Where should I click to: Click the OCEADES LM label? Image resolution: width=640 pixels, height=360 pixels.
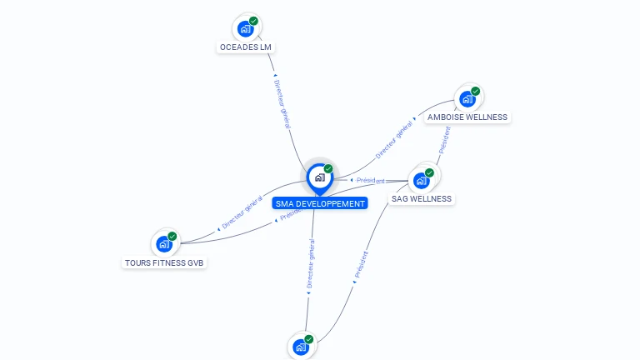(245, 47)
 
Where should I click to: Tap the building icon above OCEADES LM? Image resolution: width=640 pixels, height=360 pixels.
(245, 28)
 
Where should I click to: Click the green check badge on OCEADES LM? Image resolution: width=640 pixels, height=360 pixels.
(253, 21)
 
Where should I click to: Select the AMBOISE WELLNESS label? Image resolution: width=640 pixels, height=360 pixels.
(467, 117)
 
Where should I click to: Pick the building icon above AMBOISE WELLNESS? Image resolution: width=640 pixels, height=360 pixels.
(467, 98)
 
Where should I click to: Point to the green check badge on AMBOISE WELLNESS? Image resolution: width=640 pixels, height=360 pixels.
(475, 91)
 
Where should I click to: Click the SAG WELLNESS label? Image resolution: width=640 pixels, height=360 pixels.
(422, 199)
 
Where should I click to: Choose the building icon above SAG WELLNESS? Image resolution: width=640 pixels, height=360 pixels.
(422, 180)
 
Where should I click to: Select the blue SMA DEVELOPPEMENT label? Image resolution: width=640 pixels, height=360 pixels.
(320, 203)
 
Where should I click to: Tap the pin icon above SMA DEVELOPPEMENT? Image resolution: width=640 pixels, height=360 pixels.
(319, 177)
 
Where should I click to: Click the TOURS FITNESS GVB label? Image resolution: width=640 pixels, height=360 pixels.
(164, 263)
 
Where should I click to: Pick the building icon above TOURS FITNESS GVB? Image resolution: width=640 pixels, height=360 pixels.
(164, 244)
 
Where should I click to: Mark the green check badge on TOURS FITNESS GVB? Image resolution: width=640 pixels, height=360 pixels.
(172, 237)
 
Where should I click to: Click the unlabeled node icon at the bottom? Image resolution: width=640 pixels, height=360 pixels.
(301, 347)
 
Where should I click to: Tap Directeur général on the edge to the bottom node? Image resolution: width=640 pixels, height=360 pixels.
(311, 264)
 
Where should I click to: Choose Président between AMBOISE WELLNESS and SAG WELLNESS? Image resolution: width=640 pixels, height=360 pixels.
(444, 140)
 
